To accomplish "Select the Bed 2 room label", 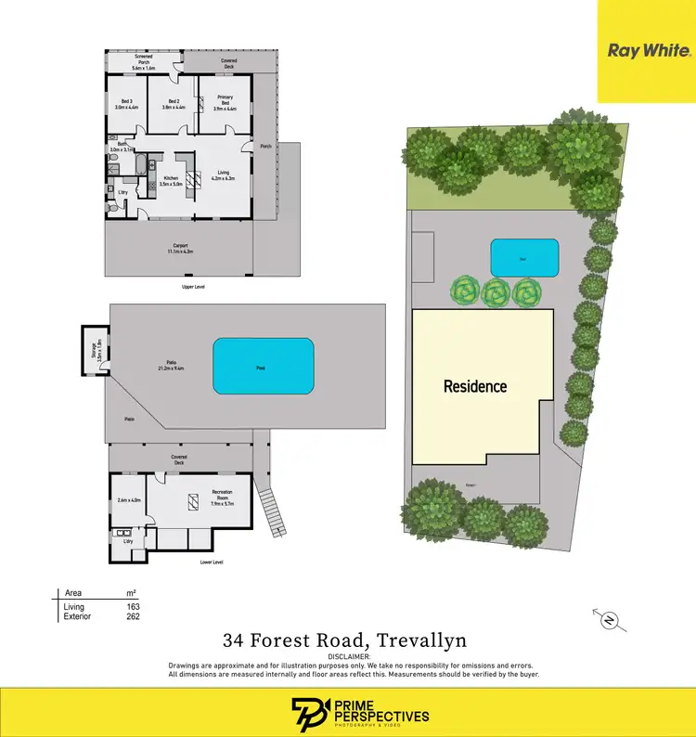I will (x=174, y=104).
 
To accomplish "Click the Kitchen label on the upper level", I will (x=171, y=181).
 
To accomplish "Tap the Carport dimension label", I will (x=178, y=249).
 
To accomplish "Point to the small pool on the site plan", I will (x=524, y=258).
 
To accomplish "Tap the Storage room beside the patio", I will (x=95, y=349).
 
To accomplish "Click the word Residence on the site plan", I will (x=475, y=386).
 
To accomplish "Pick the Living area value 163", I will (x=132, y=607).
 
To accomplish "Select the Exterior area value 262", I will (x=132, y=616).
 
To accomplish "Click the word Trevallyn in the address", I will (x=424, y=640).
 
